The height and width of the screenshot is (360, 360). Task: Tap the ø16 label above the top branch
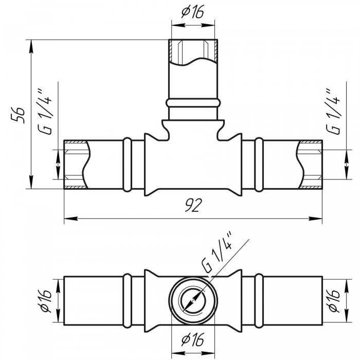tap(193, 11)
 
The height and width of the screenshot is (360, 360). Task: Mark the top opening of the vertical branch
tap(193, 41)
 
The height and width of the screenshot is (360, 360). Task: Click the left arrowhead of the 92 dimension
tap(67, 219)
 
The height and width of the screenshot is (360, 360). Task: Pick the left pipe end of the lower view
tap(65, 301)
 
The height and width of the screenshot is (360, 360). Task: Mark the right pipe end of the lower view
tap(321, 301)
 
